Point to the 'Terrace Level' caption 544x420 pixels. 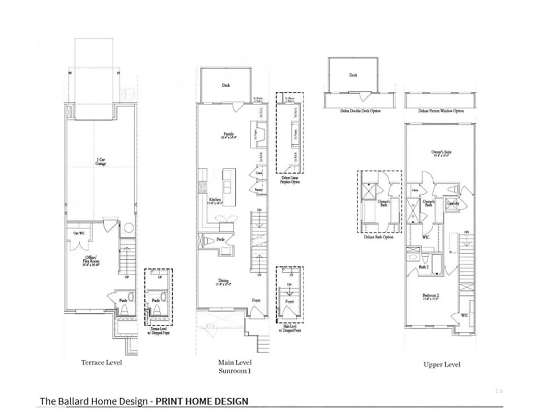(102, 363)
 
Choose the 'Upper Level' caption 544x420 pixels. (442, 364)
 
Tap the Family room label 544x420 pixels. (229, 135)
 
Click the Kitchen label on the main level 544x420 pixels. (215, 201)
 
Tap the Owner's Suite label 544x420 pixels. (441, 154)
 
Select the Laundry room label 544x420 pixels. (453, 203)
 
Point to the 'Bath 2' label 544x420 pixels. (423, 267)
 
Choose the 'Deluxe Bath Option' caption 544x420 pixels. (378, 237)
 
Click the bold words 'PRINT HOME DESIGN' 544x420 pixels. (202, 401)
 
